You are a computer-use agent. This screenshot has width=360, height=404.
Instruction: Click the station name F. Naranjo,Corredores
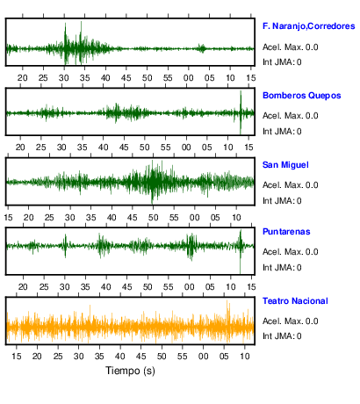coord(309,26)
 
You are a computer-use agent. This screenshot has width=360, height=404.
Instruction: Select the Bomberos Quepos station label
coord(302,96)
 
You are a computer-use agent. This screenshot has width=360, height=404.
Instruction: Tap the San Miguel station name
coord(285,165)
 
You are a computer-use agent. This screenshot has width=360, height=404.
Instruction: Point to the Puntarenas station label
coord(286,232)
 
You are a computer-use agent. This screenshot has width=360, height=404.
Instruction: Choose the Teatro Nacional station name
coord(295,301)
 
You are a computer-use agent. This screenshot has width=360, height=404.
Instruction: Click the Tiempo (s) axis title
coord(130,371)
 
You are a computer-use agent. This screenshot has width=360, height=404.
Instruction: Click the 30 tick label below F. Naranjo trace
coord(64,78)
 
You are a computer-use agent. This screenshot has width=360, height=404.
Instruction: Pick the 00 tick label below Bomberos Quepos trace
coord(186,148)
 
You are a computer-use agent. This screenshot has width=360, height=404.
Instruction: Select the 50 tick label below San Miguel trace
coord(153,218)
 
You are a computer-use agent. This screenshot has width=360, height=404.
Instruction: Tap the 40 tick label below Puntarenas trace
coord(105,287)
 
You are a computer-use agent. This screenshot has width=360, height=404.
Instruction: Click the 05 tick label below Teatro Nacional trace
coord(224,357)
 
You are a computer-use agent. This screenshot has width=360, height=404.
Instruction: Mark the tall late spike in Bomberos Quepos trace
coord(241,112)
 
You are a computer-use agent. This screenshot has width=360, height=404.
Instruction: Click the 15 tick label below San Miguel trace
coord(8,218)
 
